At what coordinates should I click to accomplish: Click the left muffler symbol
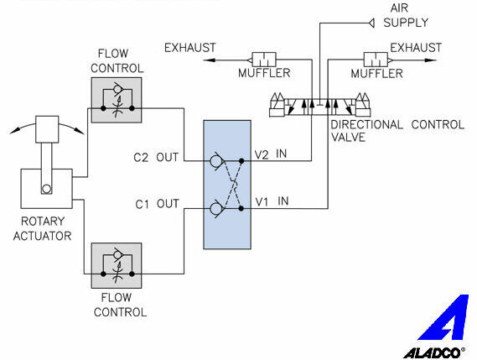point(262,60)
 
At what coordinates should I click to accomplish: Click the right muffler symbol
point(378,60)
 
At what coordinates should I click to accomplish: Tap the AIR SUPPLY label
point(406,15)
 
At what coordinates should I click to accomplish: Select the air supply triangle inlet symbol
point(371,23)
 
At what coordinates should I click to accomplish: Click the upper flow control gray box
point(117,100)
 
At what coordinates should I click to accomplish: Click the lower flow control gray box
point(117,265)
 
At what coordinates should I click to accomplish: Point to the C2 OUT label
point(156,158)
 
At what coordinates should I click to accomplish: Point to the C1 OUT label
point(157,204)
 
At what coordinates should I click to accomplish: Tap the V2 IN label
point(271,154)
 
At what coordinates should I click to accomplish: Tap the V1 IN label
point(272,201)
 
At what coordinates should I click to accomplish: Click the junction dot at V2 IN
point(241,161)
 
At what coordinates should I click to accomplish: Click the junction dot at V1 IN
point(241,209)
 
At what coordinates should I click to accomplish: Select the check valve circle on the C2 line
point(215,161)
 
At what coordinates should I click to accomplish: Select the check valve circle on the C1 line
point(215,209)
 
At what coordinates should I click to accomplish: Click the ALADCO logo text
point(432,353)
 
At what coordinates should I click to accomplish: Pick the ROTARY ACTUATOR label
point(42,228)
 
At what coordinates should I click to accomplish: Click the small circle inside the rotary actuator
point(46,190)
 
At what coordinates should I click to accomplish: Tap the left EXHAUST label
point(190,48)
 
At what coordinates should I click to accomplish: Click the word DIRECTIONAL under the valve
point(366,124)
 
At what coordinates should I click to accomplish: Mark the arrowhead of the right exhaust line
point(431,60)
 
